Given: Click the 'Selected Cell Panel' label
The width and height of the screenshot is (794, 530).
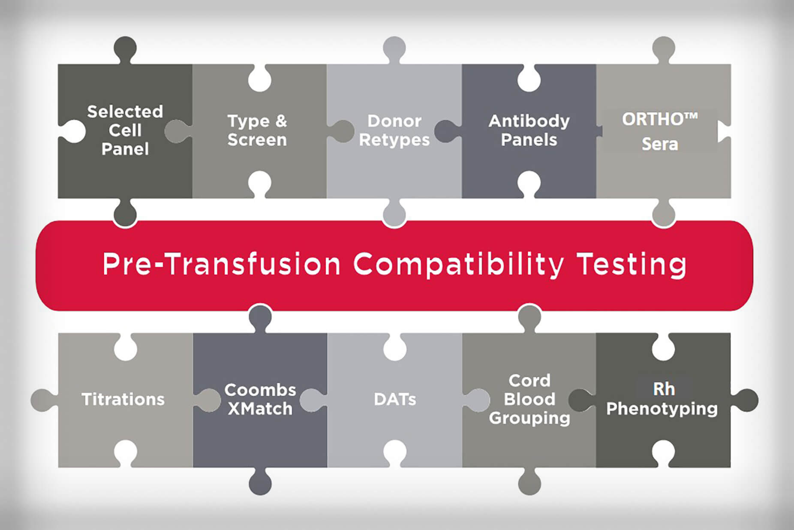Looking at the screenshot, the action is [125, 130].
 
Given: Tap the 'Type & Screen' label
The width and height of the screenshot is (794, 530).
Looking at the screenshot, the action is [257, 130].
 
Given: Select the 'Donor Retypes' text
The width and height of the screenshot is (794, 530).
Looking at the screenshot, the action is [394, 130].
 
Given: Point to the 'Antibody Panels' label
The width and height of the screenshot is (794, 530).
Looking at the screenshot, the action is [529, 130].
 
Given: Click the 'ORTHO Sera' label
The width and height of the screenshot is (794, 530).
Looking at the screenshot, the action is [660, 131].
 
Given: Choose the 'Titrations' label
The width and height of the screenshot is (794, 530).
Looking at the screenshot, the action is [123, 399].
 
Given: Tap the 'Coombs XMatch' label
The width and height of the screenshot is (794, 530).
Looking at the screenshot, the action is [260, 399].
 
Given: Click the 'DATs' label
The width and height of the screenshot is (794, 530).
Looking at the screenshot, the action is [395, 399].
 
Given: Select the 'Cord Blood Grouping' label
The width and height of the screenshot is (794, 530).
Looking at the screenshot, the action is [529, 399].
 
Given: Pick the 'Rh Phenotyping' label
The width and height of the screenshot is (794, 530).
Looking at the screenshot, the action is [662, 399].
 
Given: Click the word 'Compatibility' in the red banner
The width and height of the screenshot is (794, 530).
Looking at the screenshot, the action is [458, 265].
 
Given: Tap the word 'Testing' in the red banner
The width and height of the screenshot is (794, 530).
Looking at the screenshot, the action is [632, 265].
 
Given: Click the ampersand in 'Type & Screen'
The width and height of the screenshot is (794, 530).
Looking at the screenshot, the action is [281, 121].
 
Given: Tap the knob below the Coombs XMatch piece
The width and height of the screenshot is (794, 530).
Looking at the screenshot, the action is [260, 482].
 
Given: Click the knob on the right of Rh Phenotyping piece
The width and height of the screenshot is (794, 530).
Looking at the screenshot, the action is [745, 400].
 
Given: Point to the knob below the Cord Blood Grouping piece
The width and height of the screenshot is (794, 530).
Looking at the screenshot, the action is [529, 482].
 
